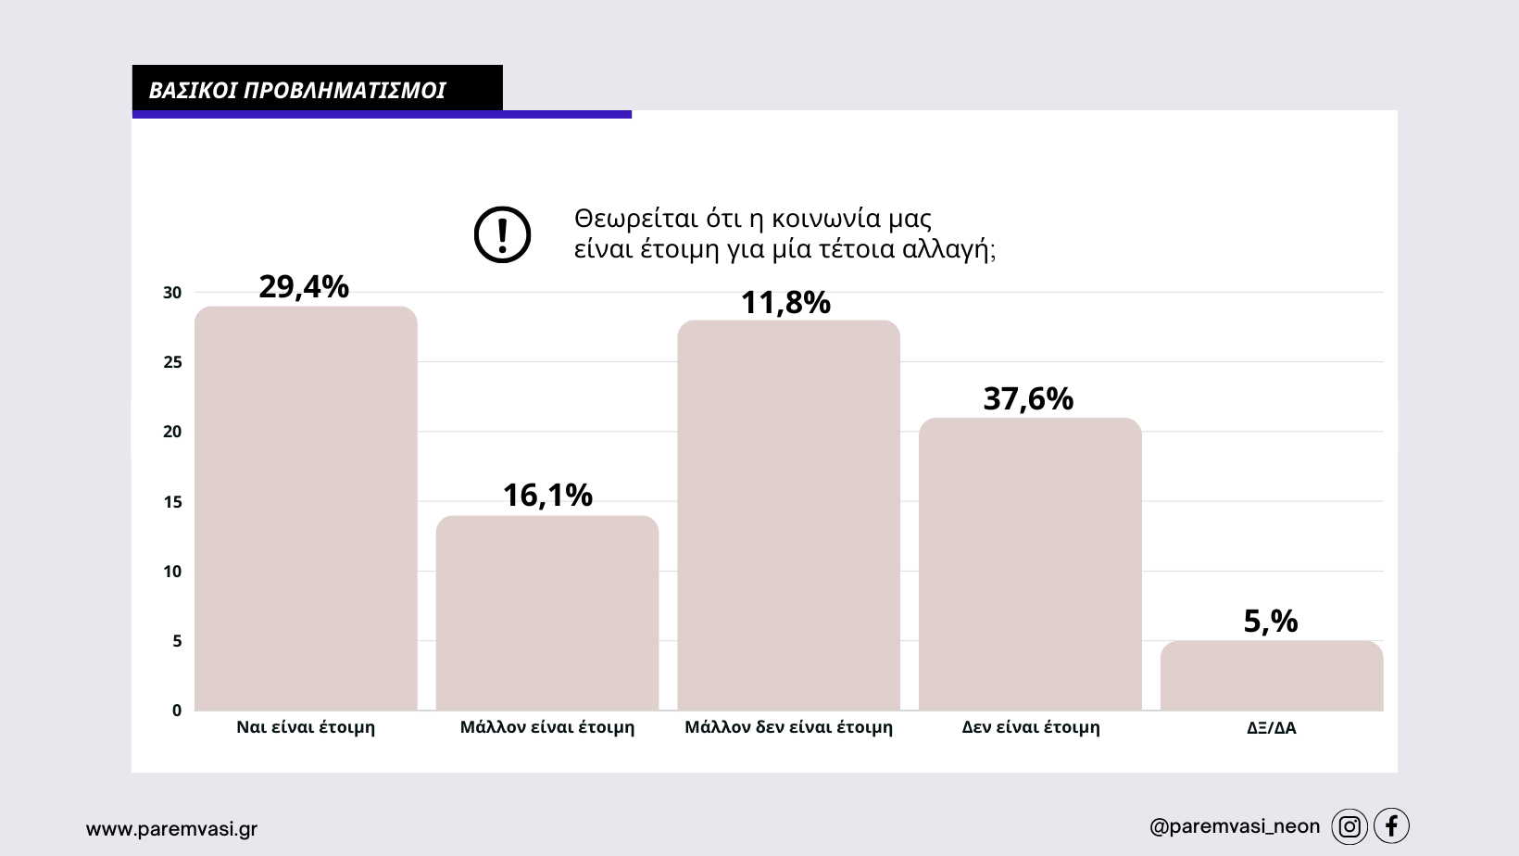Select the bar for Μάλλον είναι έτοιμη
pos(547,612)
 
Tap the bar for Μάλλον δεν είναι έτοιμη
pos(788,515)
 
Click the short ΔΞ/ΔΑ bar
pos(1272,675)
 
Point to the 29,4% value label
pos(304,287)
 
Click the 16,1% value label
pos(547,496)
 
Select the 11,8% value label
pos(785,303)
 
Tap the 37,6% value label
pos(1028,399)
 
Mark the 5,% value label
pos(1271,621)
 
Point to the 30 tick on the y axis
pos(172,293)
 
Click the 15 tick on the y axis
pos(172,502)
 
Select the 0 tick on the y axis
pos(177,711)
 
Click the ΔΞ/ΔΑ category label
pos(1272,728)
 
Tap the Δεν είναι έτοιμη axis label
pos(1031,727)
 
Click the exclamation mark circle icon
pos(502,234)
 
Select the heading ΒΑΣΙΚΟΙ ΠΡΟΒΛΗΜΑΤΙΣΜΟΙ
pos(297,90)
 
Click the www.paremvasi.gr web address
pos(171,829)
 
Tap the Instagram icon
pos(1350,826)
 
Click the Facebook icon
pos(1391,825)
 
